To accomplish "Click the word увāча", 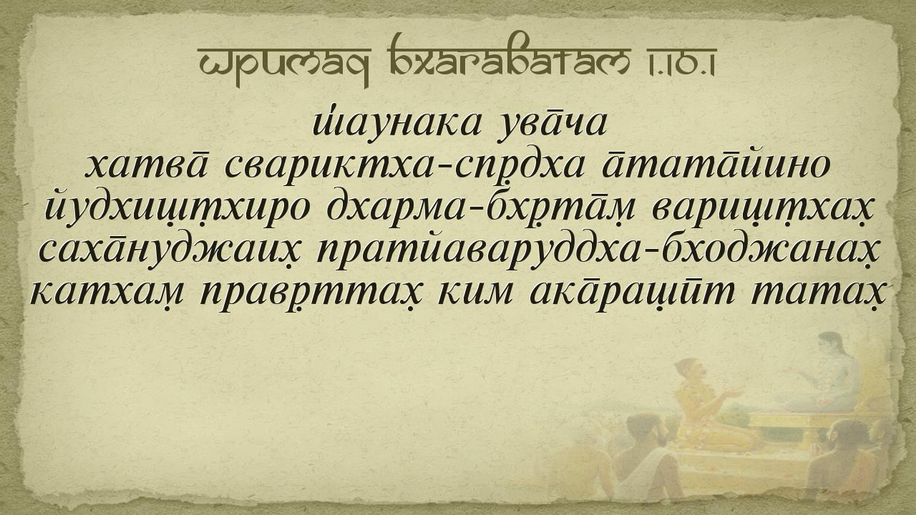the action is click(x=552, y=124).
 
